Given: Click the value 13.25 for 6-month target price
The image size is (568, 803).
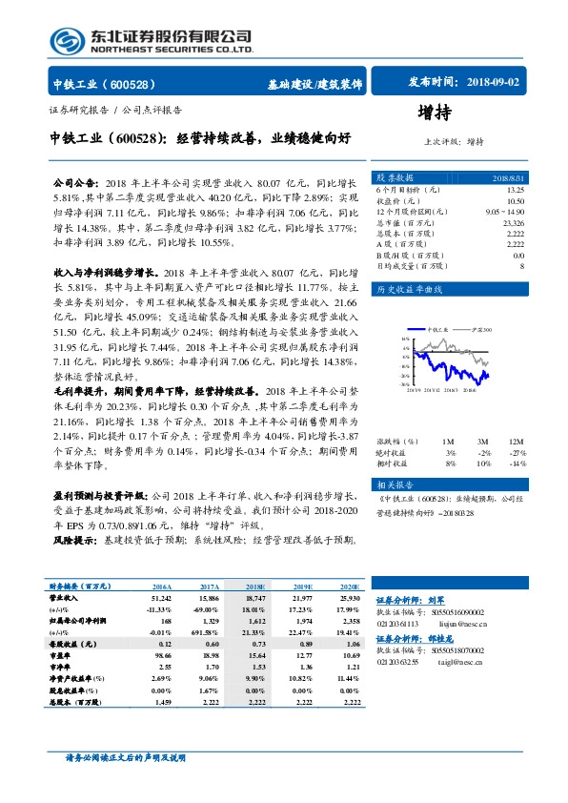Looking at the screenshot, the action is click(516, 190).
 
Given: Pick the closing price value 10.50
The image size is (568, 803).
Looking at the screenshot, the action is click(516, 201).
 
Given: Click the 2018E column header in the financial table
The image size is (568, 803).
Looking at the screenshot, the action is click(255, 587).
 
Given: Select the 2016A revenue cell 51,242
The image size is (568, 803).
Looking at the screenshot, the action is click(159, 597).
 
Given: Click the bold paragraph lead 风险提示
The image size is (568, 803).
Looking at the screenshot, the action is click(72, 540).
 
